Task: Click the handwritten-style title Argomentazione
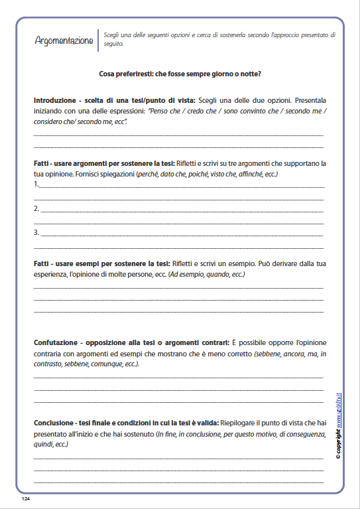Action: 64,40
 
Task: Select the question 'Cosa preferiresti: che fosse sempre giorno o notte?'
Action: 180,74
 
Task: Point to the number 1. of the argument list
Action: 36,184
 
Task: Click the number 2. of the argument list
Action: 36,208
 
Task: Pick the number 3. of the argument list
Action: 36,232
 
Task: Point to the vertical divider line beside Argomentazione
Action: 97,40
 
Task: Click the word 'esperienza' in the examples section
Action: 50,274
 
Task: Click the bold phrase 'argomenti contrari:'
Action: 199,342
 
